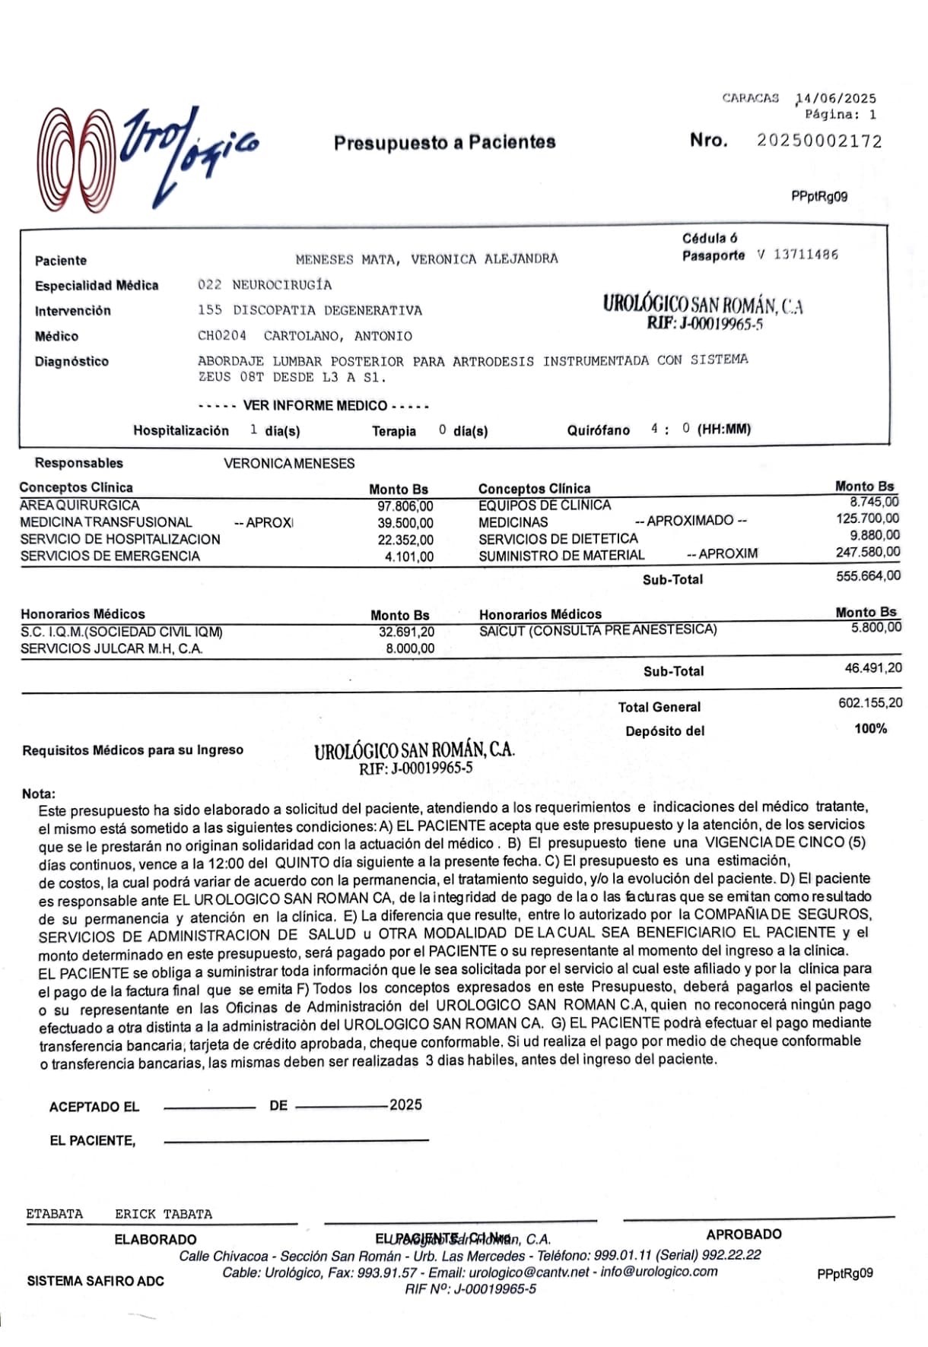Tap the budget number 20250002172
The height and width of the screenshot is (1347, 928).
[x=819, y=141]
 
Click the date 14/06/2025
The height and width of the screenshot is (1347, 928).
[x=836, y=98]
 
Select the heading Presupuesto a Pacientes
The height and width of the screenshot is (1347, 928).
[x=445, y=142]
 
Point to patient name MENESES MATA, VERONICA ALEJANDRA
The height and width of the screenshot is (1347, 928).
[x=426, y=259]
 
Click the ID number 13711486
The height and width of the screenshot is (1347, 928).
[x=806, y=255]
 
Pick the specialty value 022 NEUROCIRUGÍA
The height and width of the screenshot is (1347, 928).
[x=265, y=285]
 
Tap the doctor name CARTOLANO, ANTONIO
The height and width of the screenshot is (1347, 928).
[x=338, y=336]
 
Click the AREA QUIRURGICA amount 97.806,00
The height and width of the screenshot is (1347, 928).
[x=405, y=506]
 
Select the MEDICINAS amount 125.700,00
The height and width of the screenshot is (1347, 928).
[x=867, y=519]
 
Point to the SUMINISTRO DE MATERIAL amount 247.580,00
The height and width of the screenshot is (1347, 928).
[x=867, y=553]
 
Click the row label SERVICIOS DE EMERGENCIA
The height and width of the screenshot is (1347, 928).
[x=110, y=556]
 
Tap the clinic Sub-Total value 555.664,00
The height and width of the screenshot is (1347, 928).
[x=868, y=576]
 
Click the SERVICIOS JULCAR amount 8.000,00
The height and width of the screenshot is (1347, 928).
[x=410, y=648]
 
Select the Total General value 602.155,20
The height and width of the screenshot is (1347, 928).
[x=870, y=703]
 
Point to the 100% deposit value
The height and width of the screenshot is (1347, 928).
[x=870, y=729]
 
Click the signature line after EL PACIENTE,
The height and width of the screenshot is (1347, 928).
[x=296, y=1140]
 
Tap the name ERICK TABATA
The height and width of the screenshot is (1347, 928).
[x=164, y=1214]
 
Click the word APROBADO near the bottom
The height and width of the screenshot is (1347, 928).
[x=743, y=1234]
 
